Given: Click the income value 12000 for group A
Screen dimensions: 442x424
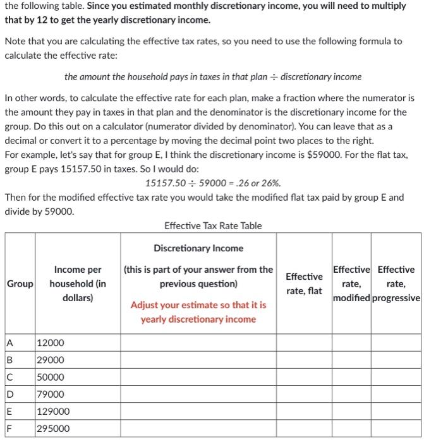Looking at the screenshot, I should [51, 343].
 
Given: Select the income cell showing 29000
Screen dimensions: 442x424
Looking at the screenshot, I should [51, 360].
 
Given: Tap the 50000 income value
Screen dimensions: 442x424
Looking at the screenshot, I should [51, 377].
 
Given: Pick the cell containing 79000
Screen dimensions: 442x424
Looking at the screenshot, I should [51, 394].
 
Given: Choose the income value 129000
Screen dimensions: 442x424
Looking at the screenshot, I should [53, 411].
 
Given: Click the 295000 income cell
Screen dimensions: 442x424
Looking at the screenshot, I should [53, 428].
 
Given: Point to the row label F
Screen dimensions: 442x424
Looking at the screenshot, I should [9, 428].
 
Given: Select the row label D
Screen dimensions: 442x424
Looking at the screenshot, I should [9, 394].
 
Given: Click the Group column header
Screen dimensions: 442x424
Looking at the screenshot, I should [19, 284].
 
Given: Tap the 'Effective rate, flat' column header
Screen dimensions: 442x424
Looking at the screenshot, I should [304, 284].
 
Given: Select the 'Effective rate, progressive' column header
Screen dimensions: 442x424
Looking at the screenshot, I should [396, 284].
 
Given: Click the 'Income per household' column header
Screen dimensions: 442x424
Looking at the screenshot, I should [78, 284].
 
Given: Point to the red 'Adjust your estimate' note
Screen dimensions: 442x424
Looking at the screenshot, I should [198, 312].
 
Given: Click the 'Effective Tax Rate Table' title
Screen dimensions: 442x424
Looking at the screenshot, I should [213, 225].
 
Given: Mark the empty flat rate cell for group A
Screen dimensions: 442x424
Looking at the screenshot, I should [304, 343].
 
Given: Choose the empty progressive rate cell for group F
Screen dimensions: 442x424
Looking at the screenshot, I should [396, 428].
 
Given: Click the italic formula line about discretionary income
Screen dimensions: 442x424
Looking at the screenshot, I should [213, 76].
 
